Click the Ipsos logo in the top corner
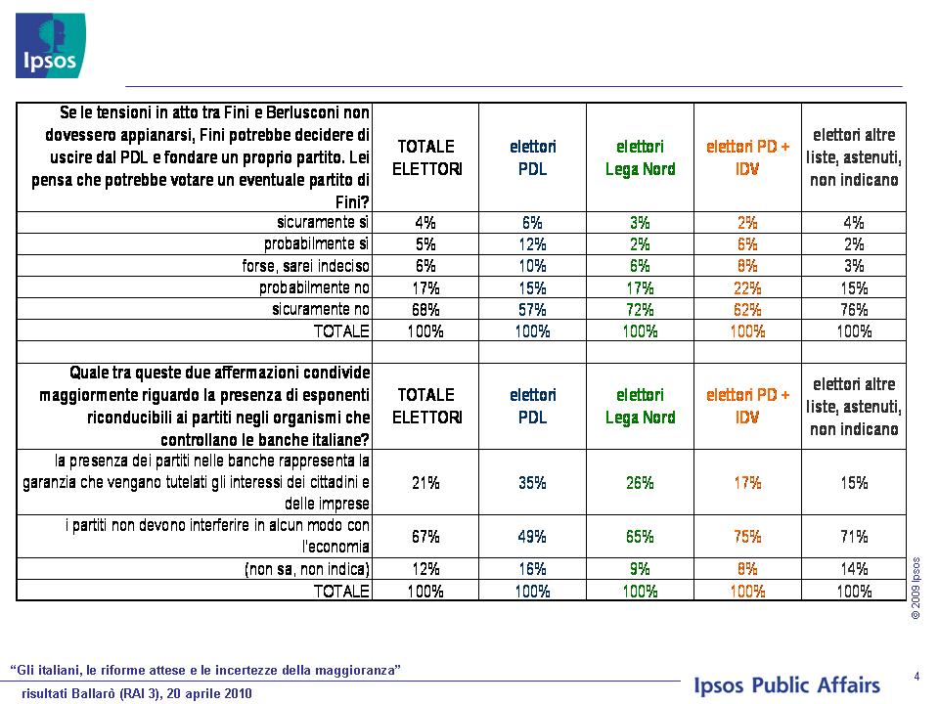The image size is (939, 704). point(50,46)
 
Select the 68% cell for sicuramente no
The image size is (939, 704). point(425,310)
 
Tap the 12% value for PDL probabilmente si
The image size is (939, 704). point(532,244)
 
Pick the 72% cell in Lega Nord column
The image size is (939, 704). point(640,310)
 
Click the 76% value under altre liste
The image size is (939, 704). point(854,310)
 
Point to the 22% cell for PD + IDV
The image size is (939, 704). point(747,287)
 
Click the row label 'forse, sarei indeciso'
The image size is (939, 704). point(305,266)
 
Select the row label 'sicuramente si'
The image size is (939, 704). point(323,222)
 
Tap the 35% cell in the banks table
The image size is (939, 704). point(532,482)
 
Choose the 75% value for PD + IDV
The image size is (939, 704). point(747,537)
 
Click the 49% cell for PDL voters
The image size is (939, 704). point(532,537)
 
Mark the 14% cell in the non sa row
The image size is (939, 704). point(854,569)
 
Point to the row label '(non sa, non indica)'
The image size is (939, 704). point(307,569)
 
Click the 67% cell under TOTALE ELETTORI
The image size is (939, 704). point(425,537)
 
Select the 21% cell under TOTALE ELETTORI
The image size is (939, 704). point(425,482)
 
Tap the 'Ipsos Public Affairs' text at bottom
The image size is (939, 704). point(786,685)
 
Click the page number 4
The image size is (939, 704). point(917,677)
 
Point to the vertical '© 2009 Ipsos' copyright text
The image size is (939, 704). point(916,588)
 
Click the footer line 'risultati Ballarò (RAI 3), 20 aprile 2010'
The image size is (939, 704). point(137,694)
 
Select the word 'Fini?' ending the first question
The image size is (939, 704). point(352,202)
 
